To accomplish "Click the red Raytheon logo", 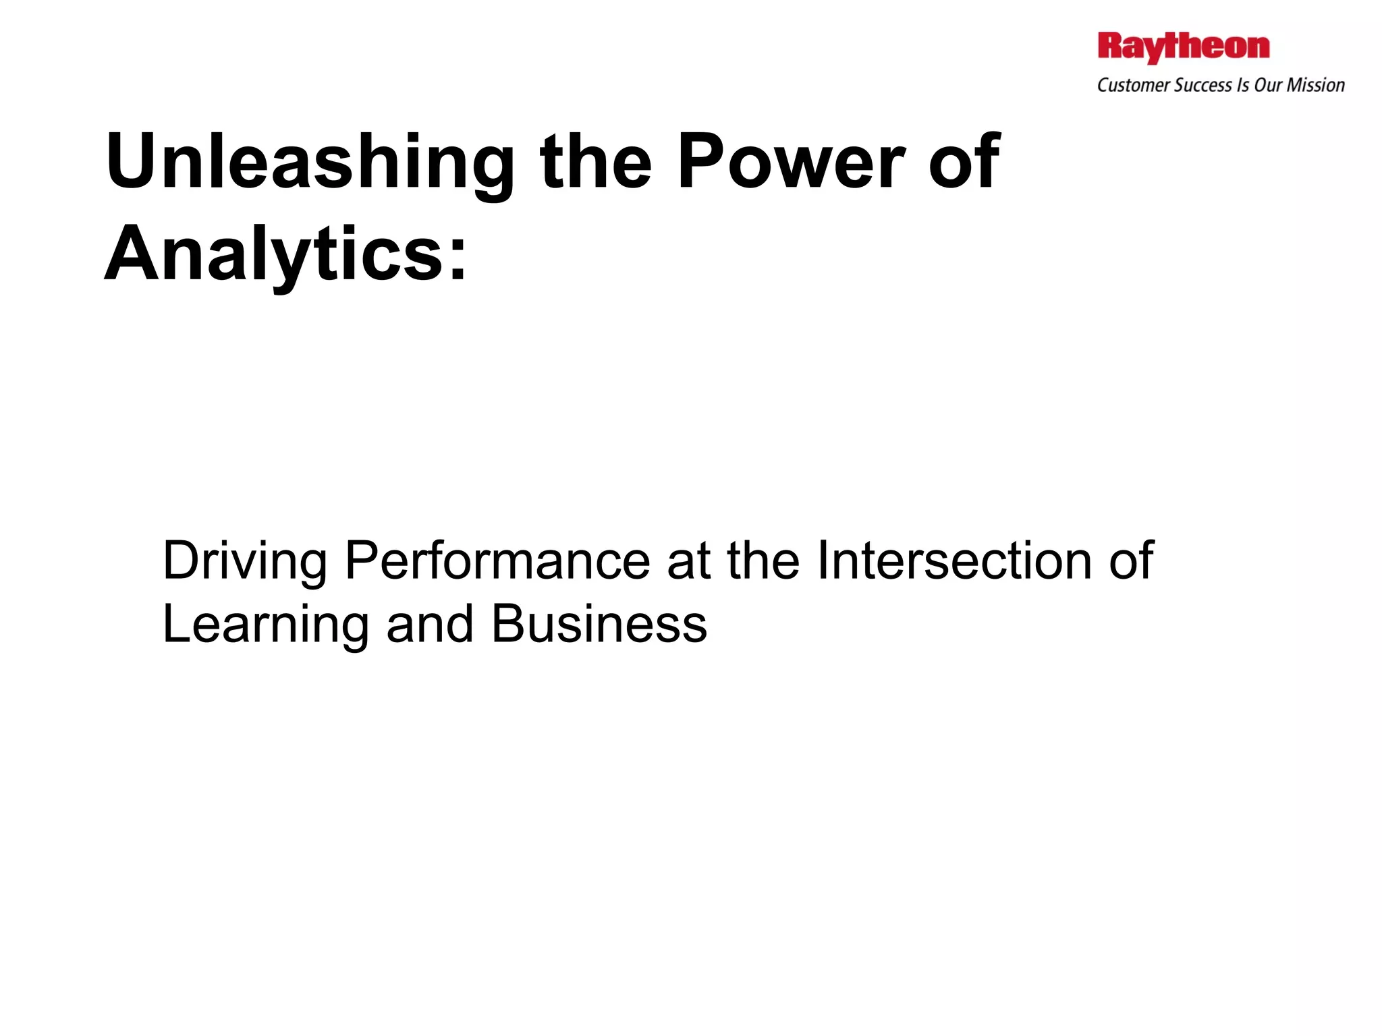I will point(1183,47).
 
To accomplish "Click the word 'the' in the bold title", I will point(595,162).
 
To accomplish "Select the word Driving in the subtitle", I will point(245,561).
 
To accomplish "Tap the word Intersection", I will point(953,561).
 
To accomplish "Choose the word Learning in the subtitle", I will point(265,625).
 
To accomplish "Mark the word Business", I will point(599,625).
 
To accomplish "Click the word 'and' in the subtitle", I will point(429,625).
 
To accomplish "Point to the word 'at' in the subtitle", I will point(688,561).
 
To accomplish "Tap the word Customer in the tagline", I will point(1134,86).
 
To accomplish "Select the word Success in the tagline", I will point(1203,86).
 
